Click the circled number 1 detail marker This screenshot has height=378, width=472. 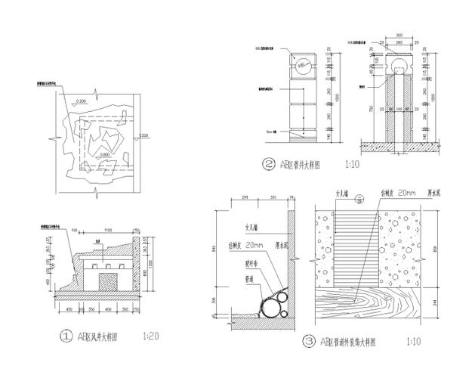(67, 333)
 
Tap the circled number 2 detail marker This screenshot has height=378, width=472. (268, 163)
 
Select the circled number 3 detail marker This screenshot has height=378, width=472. (309, 342)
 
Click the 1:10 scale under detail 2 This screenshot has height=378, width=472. (352, 163)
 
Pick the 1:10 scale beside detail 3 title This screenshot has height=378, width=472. (412, 342)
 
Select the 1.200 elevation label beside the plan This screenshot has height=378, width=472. (144, 136)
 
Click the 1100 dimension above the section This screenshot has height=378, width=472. (108, 230)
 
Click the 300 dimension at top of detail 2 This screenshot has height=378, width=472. (398, 35)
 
